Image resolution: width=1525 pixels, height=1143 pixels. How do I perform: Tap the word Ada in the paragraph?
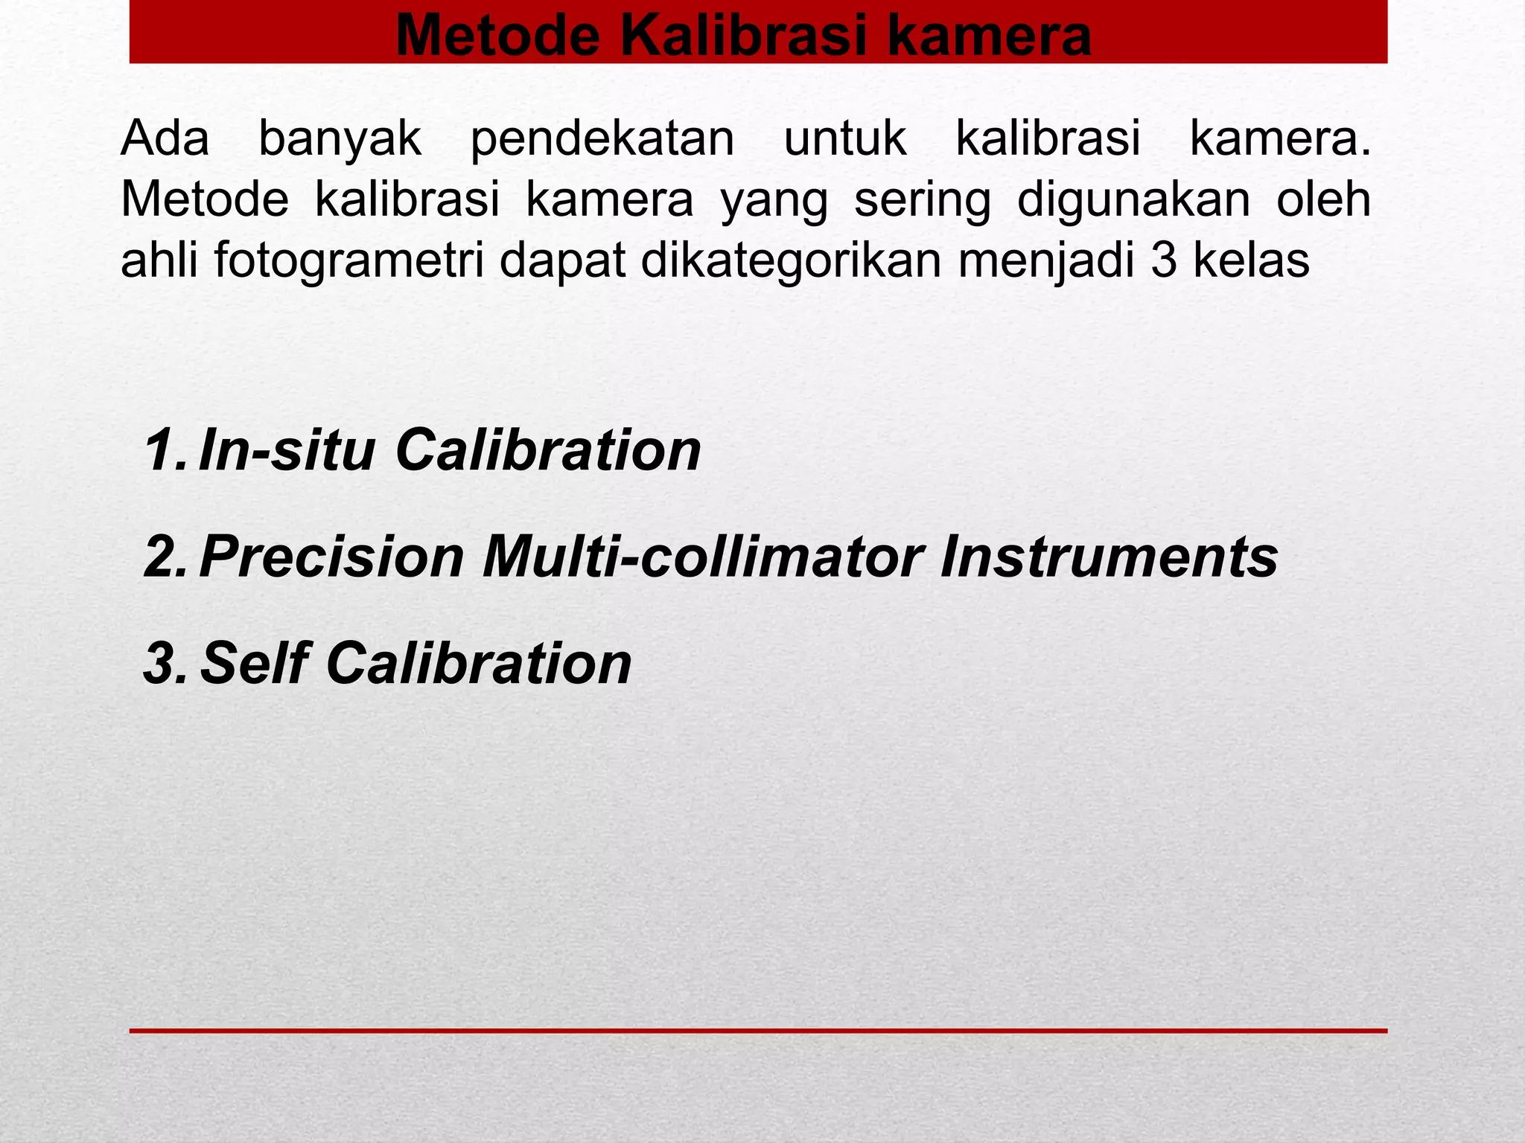(x=165, y=138)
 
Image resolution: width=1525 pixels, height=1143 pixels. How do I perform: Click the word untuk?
(x=845, y=138)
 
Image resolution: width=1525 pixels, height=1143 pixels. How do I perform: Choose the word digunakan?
(x=1133, y=201)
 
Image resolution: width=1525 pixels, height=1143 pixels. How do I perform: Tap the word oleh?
(x=1323, y=199)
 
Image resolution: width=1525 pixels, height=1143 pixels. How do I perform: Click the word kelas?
(x=1250, y=260)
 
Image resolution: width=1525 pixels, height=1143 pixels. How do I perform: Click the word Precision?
(x=332, y=557)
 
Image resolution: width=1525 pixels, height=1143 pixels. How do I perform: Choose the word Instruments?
(x=1109, y=557)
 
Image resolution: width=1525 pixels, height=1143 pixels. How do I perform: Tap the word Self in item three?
(x=253, y=663)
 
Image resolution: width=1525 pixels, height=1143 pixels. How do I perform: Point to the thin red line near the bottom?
(x=758, y=1031)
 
